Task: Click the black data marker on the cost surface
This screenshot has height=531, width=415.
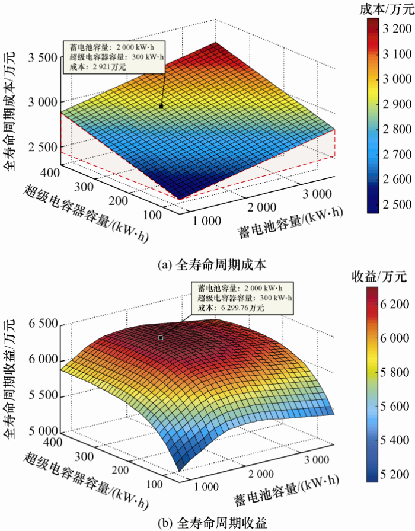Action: coord(161,107)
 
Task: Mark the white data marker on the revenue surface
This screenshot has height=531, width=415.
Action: coord(160,337)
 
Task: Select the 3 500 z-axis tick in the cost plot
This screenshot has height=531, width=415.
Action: coord(42,57)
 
